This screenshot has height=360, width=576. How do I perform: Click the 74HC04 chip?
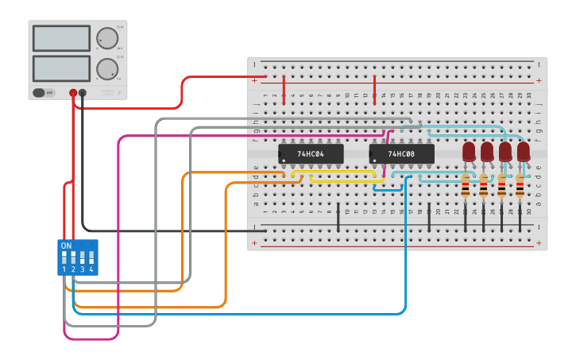311,153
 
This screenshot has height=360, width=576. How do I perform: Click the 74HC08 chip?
401,153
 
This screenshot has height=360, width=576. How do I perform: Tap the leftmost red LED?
469,150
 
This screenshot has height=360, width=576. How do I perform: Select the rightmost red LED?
523,150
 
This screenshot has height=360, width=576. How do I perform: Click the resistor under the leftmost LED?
466,188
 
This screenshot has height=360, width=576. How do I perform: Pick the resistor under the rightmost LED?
520,188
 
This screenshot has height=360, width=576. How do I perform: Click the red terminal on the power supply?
73,93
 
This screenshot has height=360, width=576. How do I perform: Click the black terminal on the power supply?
83,93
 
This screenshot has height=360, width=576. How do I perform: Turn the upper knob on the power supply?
106,37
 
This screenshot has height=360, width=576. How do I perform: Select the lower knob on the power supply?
106,68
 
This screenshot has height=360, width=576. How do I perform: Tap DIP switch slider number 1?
64,257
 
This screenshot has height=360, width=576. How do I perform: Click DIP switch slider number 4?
91,257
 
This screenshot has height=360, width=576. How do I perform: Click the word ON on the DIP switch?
66,246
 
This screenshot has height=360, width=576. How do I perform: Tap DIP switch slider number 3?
83,257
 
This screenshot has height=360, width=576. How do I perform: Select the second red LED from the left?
487,150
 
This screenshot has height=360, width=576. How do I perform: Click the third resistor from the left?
501,188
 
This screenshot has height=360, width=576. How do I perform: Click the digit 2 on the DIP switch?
73,270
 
